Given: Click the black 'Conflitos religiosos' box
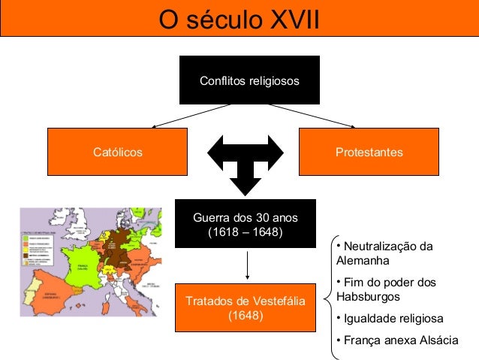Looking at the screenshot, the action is point(249,80).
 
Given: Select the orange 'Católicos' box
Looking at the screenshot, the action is point(117,153).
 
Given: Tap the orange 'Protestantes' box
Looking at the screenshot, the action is point(369,153).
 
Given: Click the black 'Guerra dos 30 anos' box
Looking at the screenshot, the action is point(245,224).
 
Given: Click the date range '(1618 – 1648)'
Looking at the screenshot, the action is point(245,232).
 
